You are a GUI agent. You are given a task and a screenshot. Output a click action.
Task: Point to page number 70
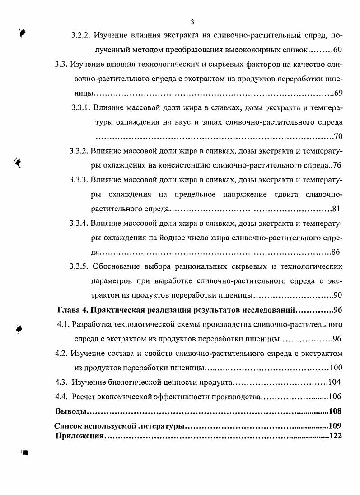click(x=338, y=136)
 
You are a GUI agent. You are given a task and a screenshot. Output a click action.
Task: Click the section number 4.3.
click(x=61, y=383)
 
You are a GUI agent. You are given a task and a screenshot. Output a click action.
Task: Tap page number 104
click(x=335, y=383)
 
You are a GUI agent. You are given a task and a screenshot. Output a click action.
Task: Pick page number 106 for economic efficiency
click(x=335, y=397)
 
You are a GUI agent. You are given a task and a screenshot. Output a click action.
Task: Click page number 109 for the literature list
click(x=335, y=426)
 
